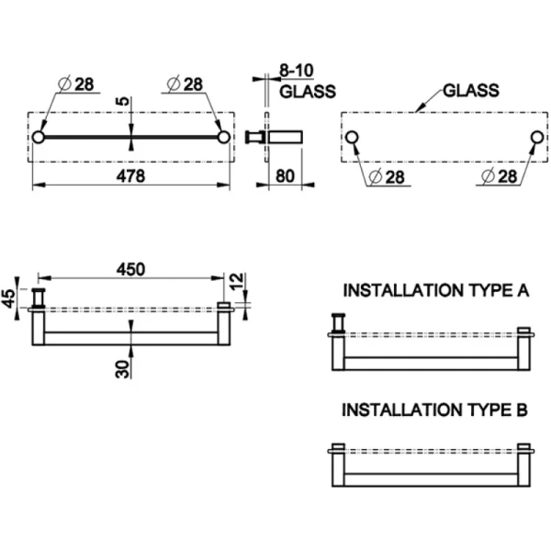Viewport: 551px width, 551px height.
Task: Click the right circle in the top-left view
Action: (x=223, y=138)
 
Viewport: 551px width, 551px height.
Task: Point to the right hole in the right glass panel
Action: (x=536, y=138)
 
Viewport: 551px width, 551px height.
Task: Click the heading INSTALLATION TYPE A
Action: (x=435, y=290)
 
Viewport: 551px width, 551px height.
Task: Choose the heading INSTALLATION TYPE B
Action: (x=435, y=410)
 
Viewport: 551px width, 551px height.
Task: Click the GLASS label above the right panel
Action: (x=470, y=91)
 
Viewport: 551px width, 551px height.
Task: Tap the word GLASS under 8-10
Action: (x=307, y=92)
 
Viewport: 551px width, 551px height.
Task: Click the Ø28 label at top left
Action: (x=77, y=84)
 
